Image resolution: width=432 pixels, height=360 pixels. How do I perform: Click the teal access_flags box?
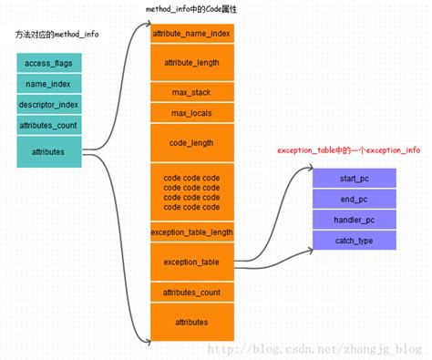(x=48, y=63)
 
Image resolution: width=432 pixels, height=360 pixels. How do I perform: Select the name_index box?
(x=48, y=84)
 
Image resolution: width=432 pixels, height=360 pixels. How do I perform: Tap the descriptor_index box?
(x=48, y=105)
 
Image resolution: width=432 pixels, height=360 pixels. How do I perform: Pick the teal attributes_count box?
(x=48, y=125)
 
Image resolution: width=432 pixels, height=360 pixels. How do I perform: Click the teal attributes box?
(x=48, y=151)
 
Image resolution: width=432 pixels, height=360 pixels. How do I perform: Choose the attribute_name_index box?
(x=191, y=34)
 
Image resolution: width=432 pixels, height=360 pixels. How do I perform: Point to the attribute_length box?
(x=191, y=62)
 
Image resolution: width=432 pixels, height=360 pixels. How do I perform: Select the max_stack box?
(x=191, y=93)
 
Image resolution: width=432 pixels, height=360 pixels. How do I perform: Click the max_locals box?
(x=191, y=113)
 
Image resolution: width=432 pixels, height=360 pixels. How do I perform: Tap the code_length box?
(x=191, y=143)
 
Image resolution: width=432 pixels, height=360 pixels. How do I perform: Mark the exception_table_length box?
(x=191, y=232)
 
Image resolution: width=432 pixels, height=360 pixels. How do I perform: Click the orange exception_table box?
(x=191, y=262)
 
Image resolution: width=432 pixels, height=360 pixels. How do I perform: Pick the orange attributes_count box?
(x=191, y=293)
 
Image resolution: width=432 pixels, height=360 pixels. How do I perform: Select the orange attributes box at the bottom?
(x=191, y=323)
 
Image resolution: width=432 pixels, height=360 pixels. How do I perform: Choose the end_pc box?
(x=355, y=199)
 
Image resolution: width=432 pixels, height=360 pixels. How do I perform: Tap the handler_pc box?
(x=355, y=220)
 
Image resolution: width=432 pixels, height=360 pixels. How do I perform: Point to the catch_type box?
(x=355, y=241)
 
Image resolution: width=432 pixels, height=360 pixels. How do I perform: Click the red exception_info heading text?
(x=349, y=149)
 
